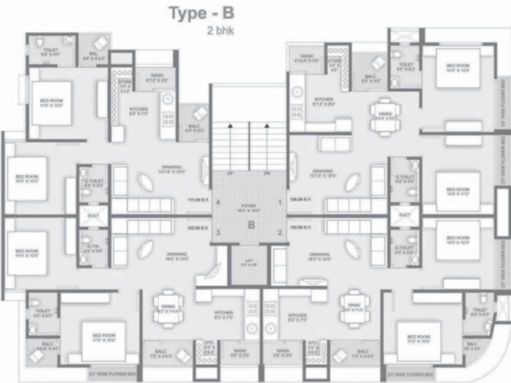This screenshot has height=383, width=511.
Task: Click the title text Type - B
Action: [202, 13]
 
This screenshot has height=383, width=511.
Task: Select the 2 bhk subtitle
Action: [221, 30]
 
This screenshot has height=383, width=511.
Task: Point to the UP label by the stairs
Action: [230, 173]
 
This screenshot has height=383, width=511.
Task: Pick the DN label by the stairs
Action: [266, 173]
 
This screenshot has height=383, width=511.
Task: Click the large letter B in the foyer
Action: [252, 224]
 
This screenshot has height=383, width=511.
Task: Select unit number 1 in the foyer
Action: [280, 202]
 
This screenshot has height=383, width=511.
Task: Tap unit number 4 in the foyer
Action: [218, 202]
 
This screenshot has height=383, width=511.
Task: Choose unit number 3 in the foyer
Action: [218, 232]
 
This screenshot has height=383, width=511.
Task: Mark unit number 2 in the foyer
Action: [280, 232]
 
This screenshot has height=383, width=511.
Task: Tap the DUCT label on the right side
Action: [405, 215]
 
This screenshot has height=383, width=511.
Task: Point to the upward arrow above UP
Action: [230, 128]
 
